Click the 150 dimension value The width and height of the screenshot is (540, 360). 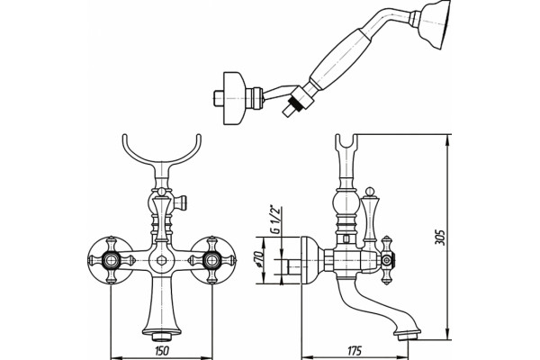[162, 351]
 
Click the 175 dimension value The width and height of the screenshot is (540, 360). [354, 351]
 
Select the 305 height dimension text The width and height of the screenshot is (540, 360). [440, 238]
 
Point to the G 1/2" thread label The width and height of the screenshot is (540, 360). [276, 220]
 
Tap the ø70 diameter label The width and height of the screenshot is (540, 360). [259, 260]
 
